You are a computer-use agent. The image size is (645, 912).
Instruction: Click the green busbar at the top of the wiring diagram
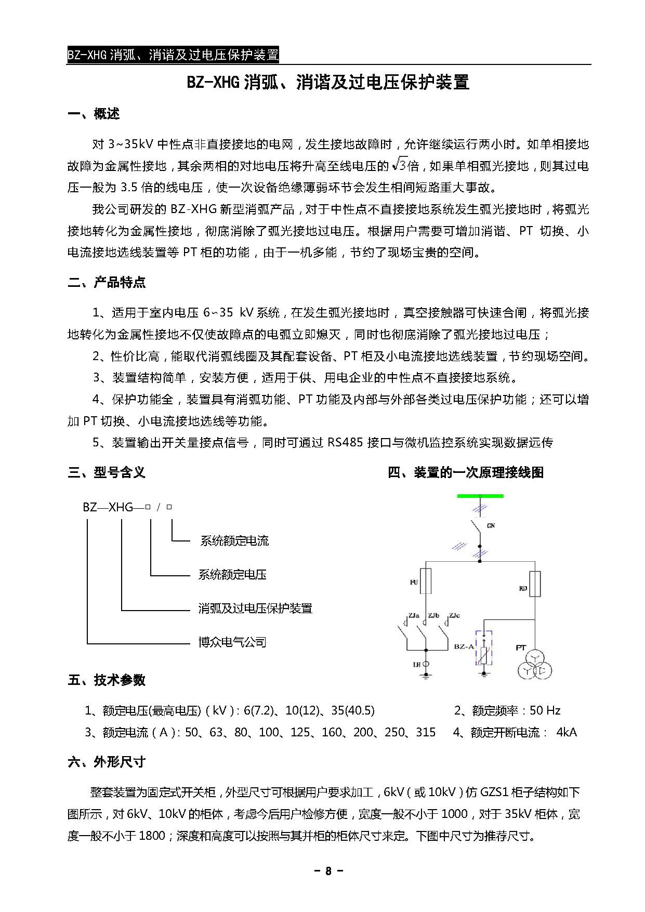(480, 496)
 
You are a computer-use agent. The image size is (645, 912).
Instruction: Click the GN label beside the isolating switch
(491, 526)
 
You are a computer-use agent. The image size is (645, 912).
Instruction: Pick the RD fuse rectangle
(535, 584)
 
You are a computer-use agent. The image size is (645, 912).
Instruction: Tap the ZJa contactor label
(414, 615)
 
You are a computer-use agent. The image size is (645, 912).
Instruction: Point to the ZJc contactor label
(454, 615)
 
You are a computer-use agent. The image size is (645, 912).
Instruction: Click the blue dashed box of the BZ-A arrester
(484, 648)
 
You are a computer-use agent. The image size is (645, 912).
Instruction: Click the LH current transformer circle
(426, 664)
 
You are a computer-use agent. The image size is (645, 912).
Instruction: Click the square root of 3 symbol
(399, 165)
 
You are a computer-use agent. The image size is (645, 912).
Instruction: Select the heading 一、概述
(94, 114)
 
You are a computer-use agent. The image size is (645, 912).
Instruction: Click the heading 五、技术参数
(107, 680)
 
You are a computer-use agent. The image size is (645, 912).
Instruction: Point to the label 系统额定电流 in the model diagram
(234, 541)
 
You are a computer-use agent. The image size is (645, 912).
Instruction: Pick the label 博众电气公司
(232, 642)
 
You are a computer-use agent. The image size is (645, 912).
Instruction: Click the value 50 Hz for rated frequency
(545, 710)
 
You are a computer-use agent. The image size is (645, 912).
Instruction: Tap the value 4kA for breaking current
(567, 732)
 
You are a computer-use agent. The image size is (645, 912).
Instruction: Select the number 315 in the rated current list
(426, 732)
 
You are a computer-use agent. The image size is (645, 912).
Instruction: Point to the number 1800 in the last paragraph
(152, 836)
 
